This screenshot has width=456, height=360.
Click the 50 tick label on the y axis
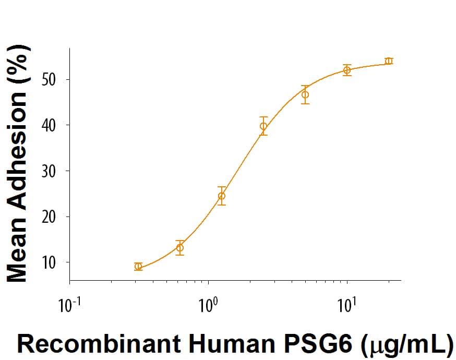point(50,80)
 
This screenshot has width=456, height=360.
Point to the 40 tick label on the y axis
point(50,125)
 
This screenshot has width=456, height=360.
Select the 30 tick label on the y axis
point(50,171)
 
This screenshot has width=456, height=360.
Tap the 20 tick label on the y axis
point(50,216)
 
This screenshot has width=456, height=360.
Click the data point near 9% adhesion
point(138,266)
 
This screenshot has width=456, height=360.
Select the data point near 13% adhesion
point(180,248)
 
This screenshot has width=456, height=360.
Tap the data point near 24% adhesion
point(222,196)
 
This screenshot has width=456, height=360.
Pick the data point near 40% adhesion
point(263,126)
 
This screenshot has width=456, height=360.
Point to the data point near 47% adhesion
point(305,94)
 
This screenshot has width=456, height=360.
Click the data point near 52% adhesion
point(347,70)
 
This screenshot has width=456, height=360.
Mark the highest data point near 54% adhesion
point(388,61)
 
